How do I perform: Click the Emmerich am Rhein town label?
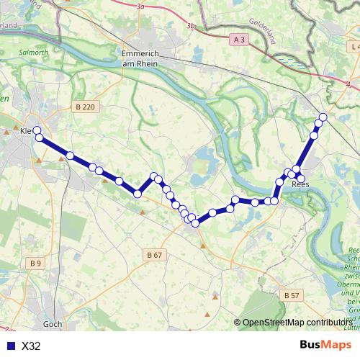point(144,59)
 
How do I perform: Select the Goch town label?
point(53,324)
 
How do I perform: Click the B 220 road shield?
point(84,107)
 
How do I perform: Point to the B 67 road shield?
point(154,255)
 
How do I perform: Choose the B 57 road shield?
point(292,295)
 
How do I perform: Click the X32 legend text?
point(32,346)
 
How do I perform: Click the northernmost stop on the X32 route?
point(323,117)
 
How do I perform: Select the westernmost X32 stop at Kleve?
point(37,130)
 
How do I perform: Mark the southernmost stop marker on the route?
point(195,224)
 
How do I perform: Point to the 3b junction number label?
point(191,26)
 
